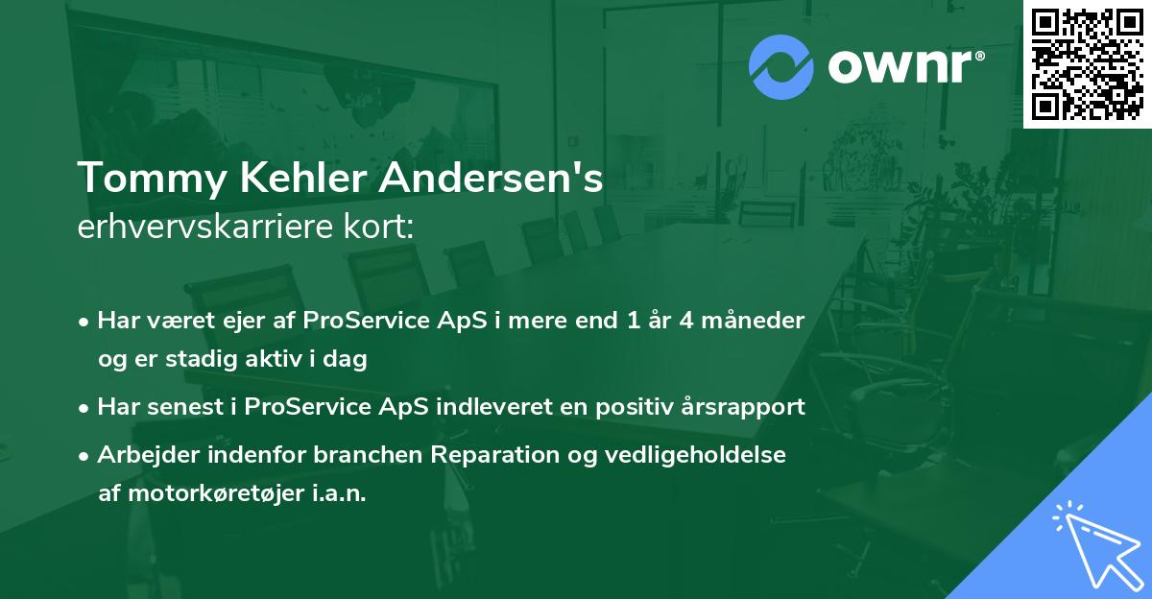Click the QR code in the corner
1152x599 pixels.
coord(1087,63)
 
